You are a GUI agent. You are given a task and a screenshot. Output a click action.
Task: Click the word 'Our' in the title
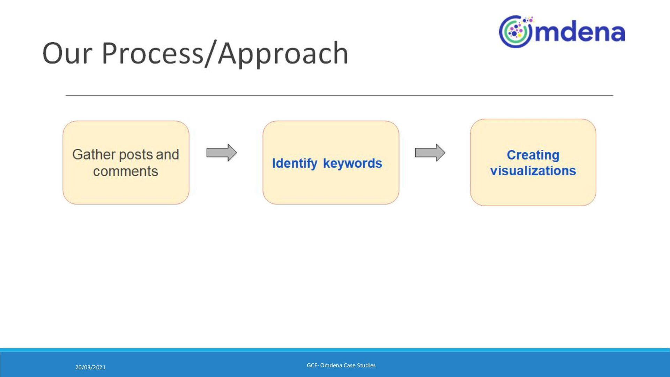click(x=67, y=53)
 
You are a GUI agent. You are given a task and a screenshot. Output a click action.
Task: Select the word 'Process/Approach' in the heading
click(x=225, y=53)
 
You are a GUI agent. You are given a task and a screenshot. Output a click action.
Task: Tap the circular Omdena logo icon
click(x=515, y=32)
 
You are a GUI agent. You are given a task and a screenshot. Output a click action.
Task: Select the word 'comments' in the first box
click(x=126, y=171)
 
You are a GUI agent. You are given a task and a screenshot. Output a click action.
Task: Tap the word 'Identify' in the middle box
click(x=295, y=163)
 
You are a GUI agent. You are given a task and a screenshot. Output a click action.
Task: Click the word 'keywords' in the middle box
click(x=352, y=163)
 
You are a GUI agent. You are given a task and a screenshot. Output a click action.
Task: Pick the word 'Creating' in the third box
click(x=533, y=155)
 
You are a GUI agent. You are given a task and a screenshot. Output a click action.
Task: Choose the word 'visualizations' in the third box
click(x=533, y=171)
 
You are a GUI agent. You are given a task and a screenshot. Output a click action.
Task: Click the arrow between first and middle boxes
click(x=222, y=153)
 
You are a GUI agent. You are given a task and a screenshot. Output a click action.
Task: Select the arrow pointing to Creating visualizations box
click(x=430, y=153)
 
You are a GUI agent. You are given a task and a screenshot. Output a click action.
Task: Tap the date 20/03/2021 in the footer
click(x=90, y=367)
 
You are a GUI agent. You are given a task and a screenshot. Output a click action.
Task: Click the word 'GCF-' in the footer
click(x=313, y=365)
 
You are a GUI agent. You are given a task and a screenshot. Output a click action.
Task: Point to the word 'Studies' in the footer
click(x=366, y=365)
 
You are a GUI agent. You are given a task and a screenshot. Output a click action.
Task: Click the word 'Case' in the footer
click(x=349, y=365)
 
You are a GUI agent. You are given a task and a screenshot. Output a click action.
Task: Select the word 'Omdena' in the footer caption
click(x=331, y=365)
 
